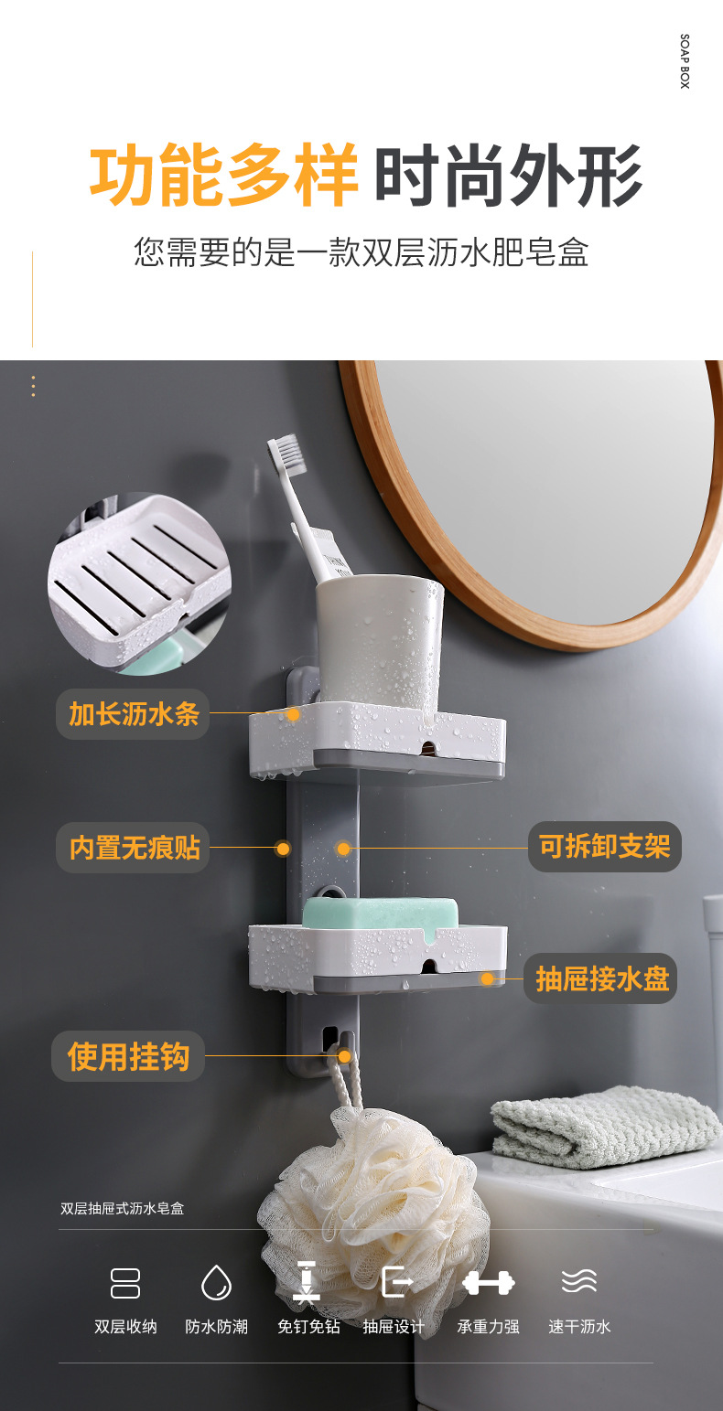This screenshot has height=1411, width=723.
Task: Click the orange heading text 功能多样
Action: point(224,176)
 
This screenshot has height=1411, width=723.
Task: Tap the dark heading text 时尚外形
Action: point(509,176)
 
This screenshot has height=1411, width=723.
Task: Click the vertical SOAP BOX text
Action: point(685,62)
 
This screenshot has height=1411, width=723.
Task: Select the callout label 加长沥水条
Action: point(134,714)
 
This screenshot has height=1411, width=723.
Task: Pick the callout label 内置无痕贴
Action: point(134,848)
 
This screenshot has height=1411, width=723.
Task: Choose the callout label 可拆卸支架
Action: point(604,847)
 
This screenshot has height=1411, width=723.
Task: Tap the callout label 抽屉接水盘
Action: point(601,978)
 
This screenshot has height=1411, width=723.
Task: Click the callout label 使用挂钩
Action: point(128,1056)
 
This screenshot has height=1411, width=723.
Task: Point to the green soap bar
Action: point(380,913)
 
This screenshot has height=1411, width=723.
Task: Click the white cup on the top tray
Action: point(379,640)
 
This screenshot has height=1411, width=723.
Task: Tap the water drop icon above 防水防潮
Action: point(217,1282)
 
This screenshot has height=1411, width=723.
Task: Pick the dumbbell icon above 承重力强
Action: point(488,1282)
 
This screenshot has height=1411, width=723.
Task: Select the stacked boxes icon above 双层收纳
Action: point(125,1282)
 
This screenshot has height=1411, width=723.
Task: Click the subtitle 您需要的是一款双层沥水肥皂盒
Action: point(361,252)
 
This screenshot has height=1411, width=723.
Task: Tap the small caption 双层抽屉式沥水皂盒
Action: point(123,1208)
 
